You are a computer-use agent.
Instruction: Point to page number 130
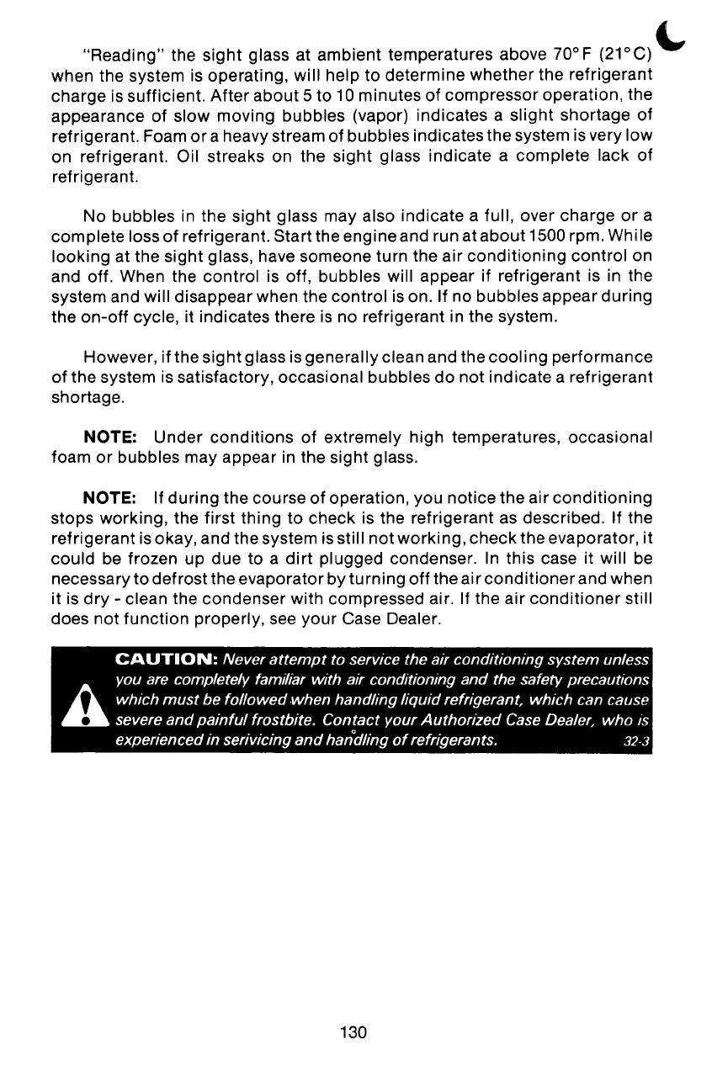click(354, 1032)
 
